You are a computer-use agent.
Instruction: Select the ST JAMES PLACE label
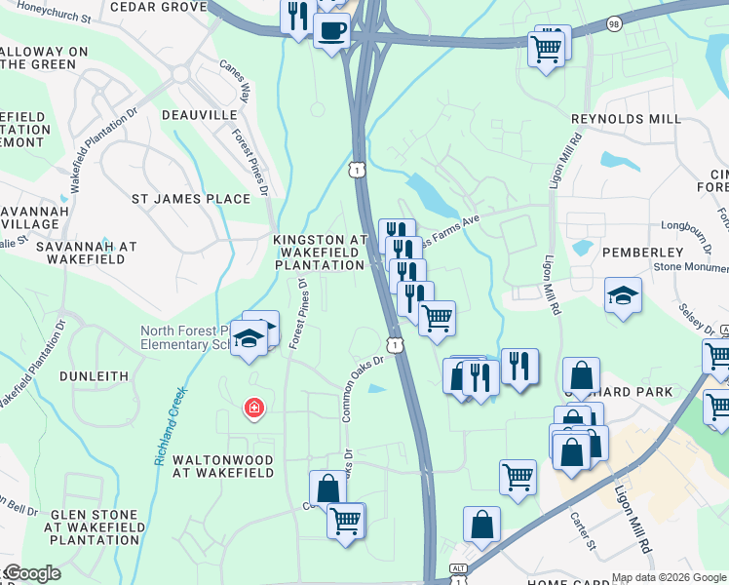tap(191, 199)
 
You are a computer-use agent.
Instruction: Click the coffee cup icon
tap(331, 29)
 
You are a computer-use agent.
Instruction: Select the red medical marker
tap(254, 407)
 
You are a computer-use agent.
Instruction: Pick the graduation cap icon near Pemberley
tap(623, 295)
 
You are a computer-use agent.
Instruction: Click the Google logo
tap(31, 573)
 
